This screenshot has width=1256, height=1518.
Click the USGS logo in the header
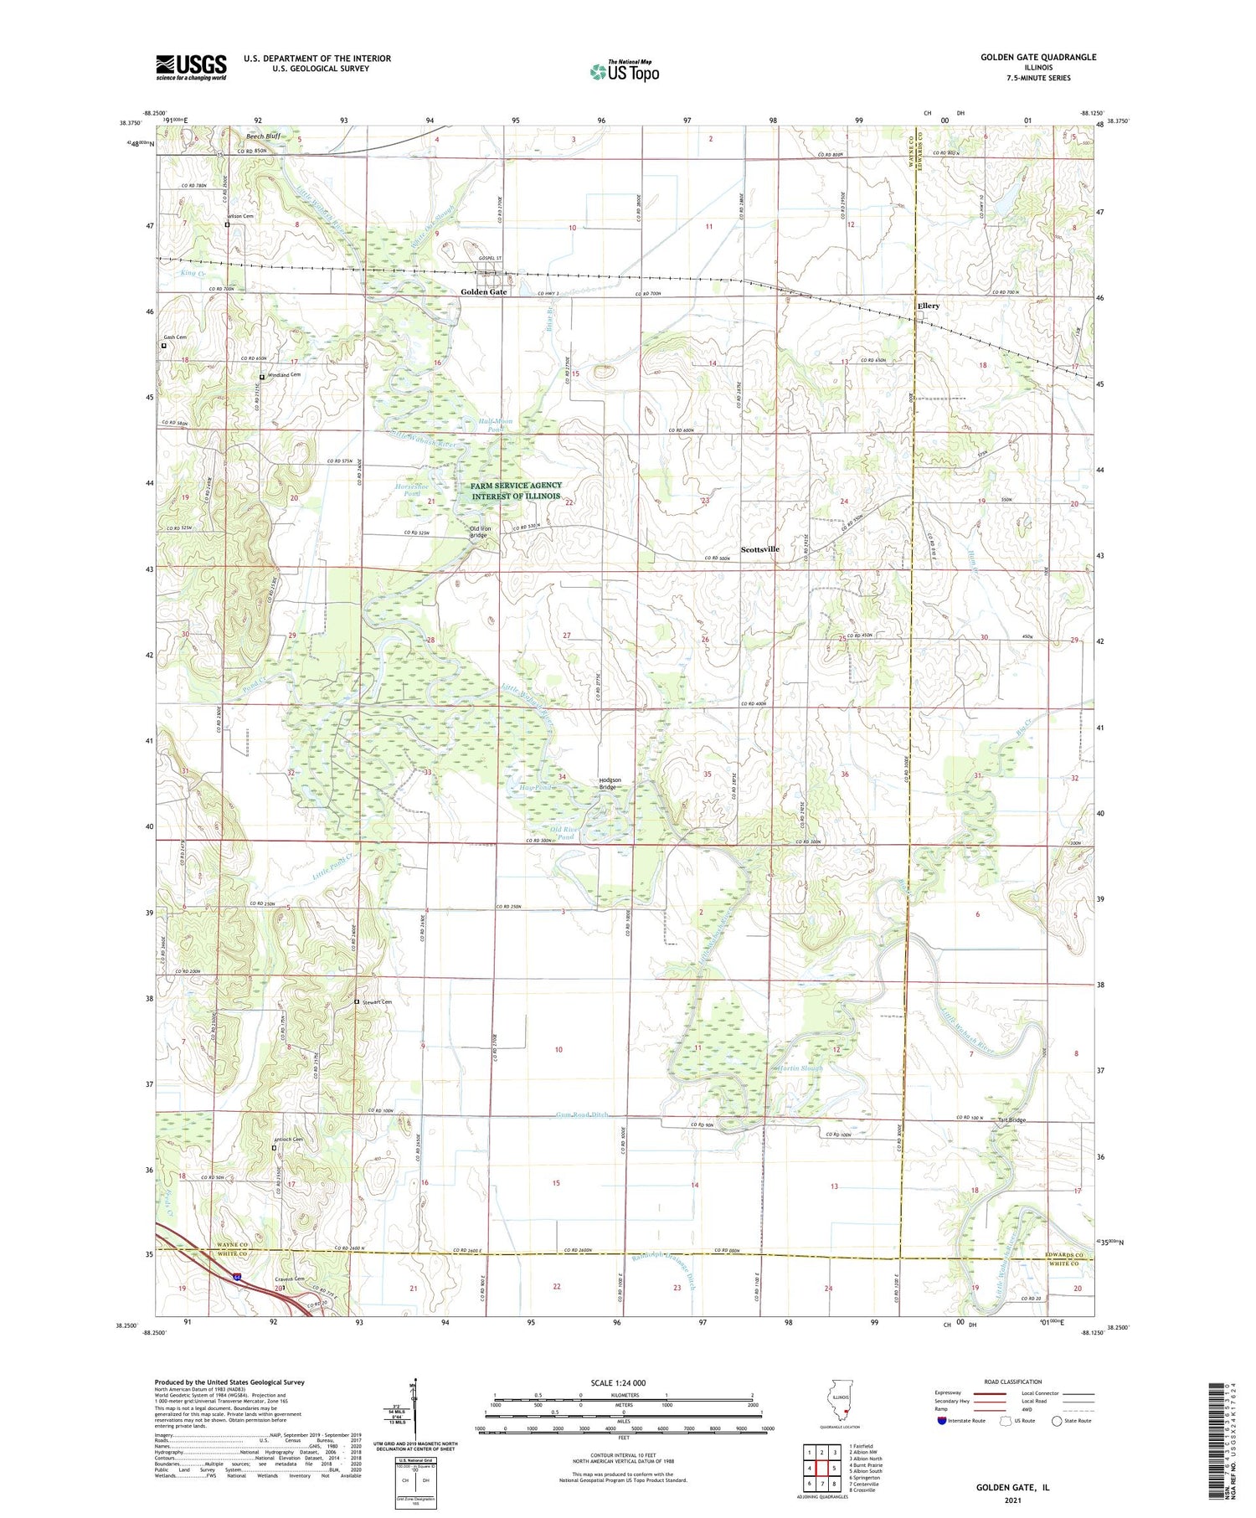(191, 66)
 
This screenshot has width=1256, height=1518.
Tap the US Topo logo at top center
(624, 71)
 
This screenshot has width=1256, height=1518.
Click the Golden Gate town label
(483, 292)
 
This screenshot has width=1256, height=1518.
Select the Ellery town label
(928, 306)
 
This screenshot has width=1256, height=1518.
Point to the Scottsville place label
(759, 549)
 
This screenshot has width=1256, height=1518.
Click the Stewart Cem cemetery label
(377, 1001)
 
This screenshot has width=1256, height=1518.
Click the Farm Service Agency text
(516, 486)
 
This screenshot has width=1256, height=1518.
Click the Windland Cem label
(283, 374)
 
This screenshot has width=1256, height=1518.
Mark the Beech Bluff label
(262, 136)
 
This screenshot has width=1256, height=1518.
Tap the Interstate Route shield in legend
(942, 1420)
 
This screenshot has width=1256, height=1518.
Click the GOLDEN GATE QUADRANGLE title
(1038, 57)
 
